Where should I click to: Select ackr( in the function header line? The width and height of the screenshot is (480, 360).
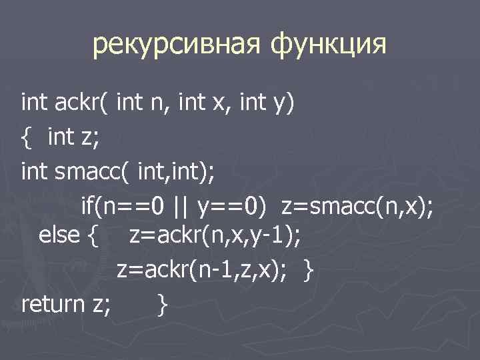(79, 103)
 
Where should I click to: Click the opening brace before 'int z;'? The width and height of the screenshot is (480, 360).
(27, 138)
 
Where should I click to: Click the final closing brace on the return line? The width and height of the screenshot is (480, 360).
(162, 306)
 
